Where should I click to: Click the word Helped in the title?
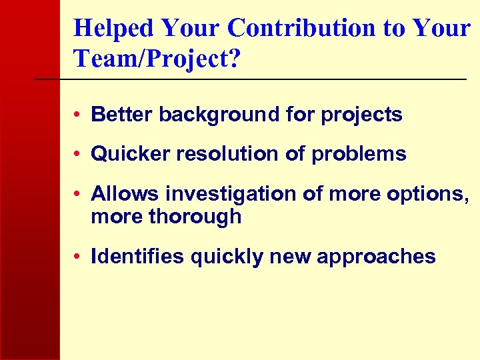click(x=114, y=28)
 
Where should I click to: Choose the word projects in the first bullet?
click(x=361, y=115)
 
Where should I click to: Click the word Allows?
click(x=125, y=194)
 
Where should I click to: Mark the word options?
click(x=433, y=194)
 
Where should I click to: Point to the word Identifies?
click(x=137, y=257)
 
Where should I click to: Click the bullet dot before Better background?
click(x=79, y=115)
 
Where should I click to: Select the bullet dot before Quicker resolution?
click(x=79, y=155)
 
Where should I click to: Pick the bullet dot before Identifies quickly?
click(x=79, y=257)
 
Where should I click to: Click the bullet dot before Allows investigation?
click(x=79, y=195)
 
